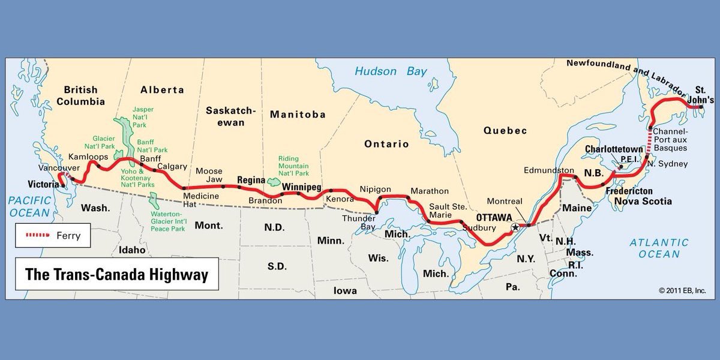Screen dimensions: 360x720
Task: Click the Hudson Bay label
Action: pos(391,71)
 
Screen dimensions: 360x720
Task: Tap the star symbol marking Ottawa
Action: pos(514,228)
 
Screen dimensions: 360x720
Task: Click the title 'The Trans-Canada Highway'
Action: pos(116,275)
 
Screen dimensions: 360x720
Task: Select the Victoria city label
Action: pos(44,184)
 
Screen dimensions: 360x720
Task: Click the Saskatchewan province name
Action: pos(230,116)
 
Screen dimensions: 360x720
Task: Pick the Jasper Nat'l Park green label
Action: pos(143,117)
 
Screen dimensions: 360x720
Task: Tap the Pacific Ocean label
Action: pos(29,207)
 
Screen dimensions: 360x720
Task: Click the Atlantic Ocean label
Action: pos(659,248)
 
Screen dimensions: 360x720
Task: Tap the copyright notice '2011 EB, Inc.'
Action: pos(682,290)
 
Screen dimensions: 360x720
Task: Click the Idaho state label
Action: pos(132,250)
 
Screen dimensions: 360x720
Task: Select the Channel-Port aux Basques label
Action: pos(672,139)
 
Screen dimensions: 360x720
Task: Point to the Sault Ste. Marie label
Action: pos(448,211)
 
